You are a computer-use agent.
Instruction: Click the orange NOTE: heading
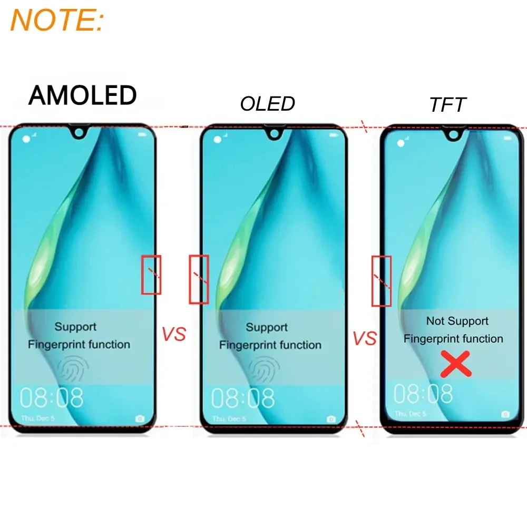point(57,19)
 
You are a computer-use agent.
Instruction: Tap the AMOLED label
point(83,95)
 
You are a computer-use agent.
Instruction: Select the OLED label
point(267,104)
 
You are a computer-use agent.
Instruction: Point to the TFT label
point(447,105)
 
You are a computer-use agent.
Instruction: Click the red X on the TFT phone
point(455,364)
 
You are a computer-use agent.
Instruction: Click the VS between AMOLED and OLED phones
point(174,335)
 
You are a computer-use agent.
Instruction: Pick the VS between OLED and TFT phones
point(365,338)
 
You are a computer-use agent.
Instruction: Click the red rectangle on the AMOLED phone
point(151,275)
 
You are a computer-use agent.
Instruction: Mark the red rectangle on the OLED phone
point(199,279)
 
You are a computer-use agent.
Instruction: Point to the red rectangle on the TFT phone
point(382,280)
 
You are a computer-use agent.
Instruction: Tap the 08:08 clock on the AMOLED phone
point(52,398)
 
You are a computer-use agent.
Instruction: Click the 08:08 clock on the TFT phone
point(423,394)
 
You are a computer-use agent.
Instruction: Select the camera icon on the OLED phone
point(331,419)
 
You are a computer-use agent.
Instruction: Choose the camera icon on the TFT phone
point(505,414)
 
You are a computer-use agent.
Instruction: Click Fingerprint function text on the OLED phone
point(270,345)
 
